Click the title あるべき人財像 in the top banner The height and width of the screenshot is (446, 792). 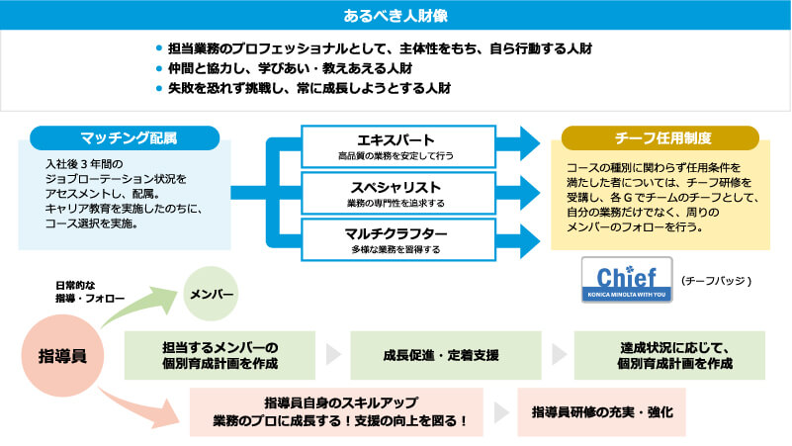[396, 16]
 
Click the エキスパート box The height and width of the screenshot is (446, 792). [396, 146]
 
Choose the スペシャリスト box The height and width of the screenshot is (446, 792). [396, 194]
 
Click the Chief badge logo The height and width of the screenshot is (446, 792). [627, 280]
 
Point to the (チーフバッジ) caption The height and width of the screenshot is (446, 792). [717, 281]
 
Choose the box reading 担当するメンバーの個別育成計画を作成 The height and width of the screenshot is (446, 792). [220, 355]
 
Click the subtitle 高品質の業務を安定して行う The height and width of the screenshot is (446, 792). [396, 156]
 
